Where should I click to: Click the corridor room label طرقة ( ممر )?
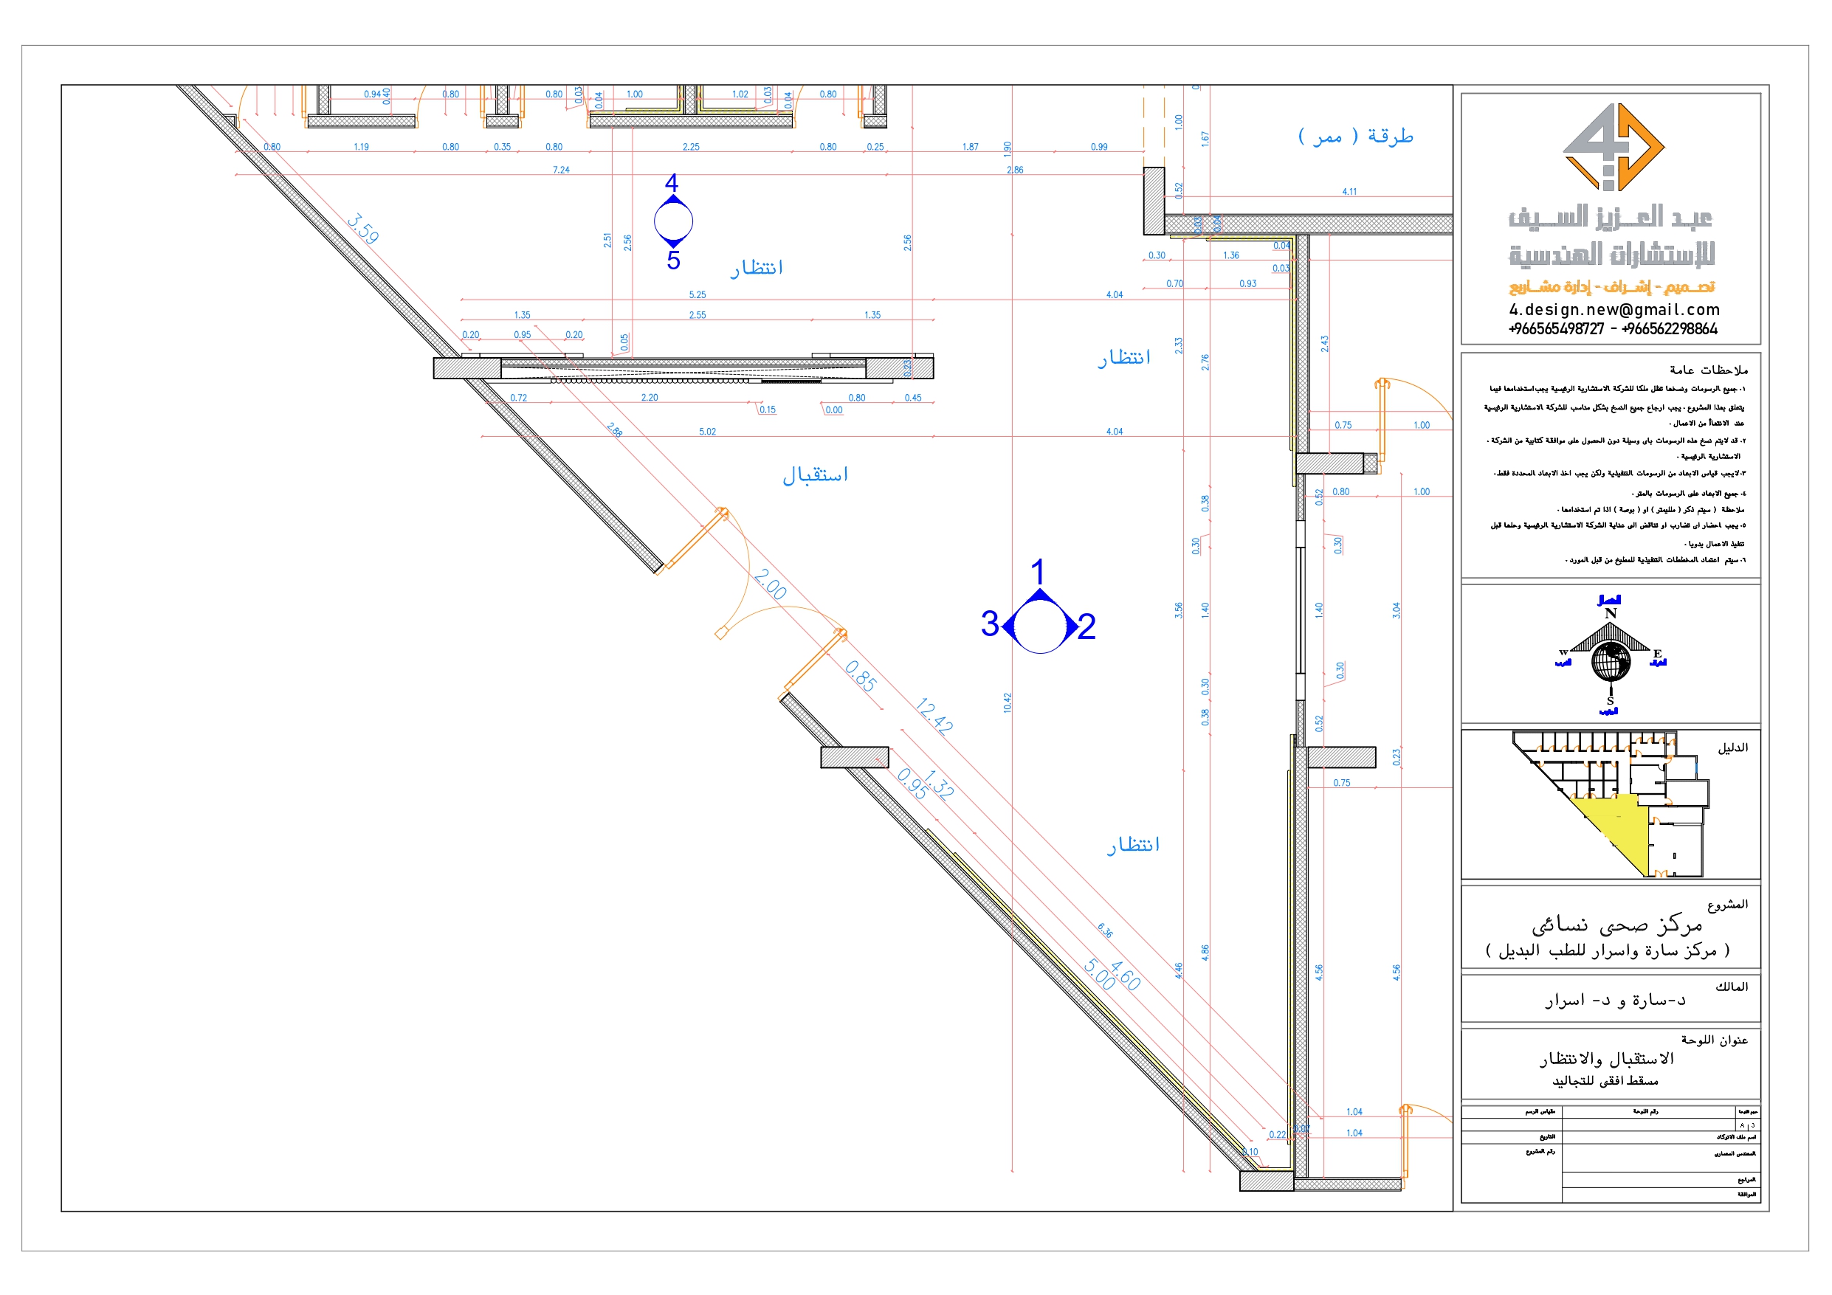click(1356, 136)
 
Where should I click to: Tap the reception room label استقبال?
click(815, 474)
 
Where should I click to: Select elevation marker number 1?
click(1037, 572)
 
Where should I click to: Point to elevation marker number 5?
click(673, 261)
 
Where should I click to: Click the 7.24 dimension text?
click(561, 170)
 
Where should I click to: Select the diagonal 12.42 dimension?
click(934, 716)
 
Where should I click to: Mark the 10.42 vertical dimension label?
click(1007, 703)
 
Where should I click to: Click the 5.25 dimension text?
click(698, 294)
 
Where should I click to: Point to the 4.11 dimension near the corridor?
click(1349, 192)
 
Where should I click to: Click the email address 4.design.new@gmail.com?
click(1614, 310)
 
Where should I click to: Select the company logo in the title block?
click(1613, 147)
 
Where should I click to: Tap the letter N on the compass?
click(1610, 614)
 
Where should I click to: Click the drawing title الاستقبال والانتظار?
click(1606, 1059)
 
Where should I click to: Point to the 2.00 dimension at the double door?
click(770, 584)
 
